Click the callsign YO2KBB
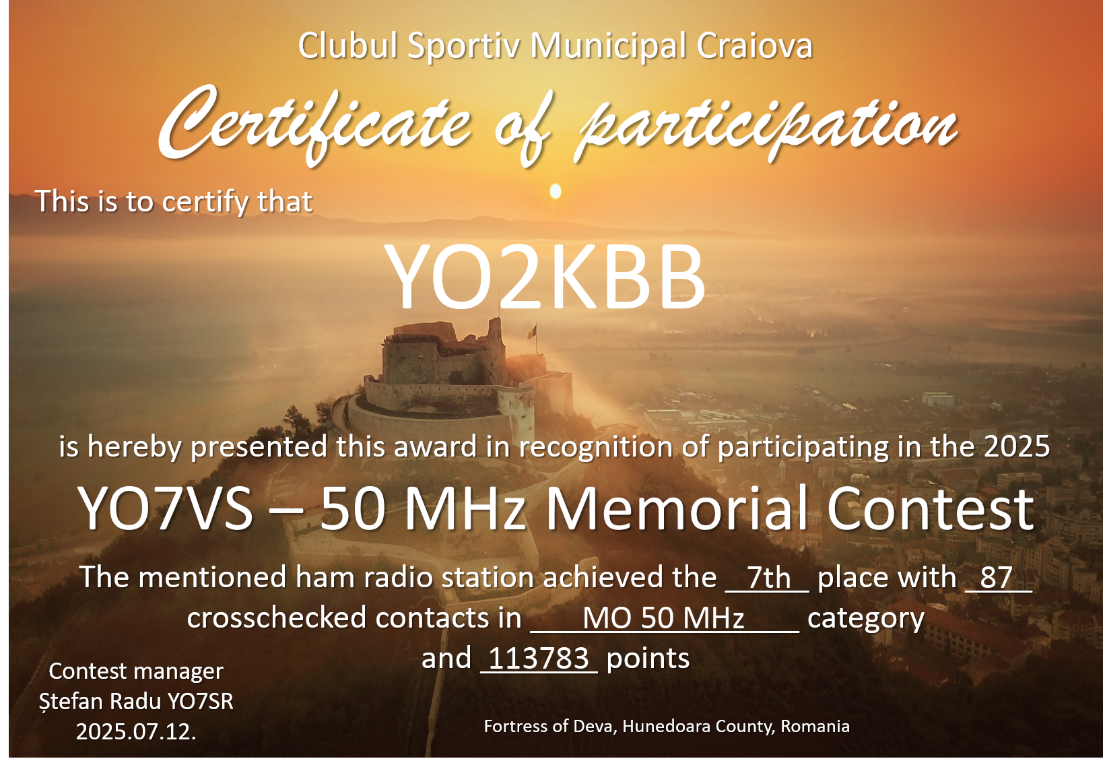(x=545, y=277)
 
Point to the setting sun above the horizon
(x=556, y=191)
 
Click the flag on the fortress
(x=532, y=332)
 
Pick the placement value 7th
(x=768, y=577)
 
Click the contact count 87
(x=996, y=577)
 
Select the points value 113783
(x=539, y=658)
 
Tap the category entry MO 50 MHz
(x=663, y=618)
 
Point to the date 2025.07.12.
(x=136, y=732)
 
